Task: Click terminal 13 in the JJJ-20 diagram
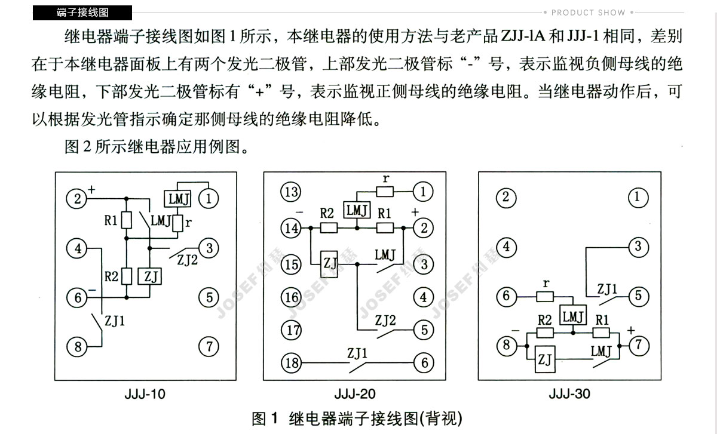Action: click(292, 192)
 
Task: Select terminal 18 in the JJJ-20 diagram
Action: click(292, 362)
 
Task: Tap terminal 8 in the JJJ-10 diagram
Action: click(77, 346)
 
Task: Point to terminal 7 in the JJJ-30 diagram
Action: click(639, 345)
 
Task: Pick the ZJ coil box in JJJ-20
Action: click(329, 263)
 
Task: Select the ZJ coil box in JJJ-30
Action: click(544, 359)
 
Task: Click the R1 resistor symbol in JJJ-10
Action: click(126, 221)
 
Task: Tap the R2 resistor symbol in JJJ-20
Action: click(329, 227)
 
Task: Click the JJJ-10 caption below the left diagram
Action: click(145, 394)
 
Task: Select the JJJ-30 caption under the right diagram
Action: click(569, 394)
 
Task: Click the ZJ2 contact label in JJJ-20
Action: click(385, 321)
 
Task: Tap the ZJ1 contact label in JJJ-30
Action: click(608, 290)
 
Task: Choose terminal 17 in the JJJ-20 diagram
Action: click(292, 330)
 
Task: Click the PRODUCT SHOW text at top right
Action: click(588, 12)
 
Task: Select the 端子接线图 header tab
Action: click(82, 12)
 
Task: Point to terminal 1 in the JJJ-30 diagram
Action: click(639, 197)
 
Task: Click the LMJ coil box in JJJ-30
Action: click(572, 316)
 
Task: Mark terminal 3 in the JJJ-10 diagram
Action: click(209, 247)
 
